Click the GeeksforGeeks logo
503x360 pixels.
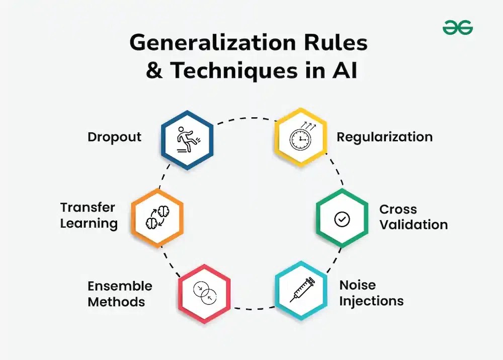[x=458, y=28]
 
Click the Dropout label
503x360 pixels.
[x=115, y=137]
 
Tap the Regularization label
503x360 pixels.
[x=384, y=137]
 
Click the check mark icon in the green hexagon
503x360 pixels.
[x=342, y=219]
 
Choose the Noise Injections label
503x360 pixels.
[x=371, y=293]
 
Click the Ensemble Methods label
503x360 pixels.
[x=120, y=294]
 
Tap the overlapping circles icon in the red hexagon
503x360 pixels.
[x=205, y=293]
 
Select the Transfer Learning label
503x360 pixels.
[x=89, y=215]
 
